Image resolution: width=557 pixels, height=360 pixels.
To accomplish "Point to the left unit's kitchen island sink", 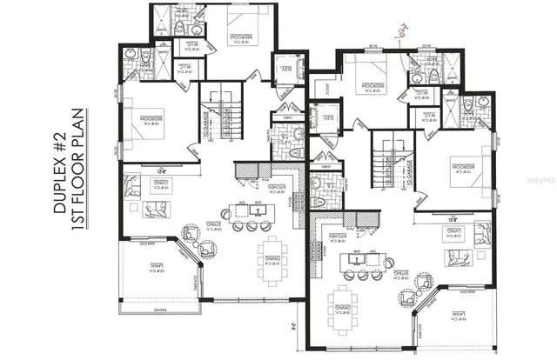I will (x=258, y=210).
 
